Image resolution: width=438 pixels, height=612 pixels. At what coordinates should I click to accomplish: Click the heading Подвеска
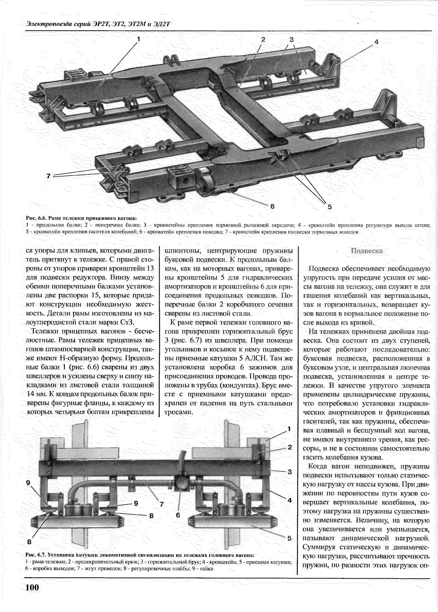[367, 251]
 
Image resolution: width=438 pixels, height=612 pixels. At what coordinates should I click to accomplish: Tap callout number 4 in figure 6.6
[376, 42]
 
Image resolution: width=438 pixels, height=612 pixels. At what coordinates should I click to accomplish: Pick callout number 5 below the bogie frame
[330, 207]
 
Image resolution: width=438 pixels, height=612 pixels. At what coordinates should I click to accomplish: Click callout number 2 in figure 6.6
[263, 39]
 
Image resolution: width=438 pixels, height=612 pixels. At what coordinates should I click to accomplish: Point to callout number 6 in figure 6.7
[178, 515]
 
